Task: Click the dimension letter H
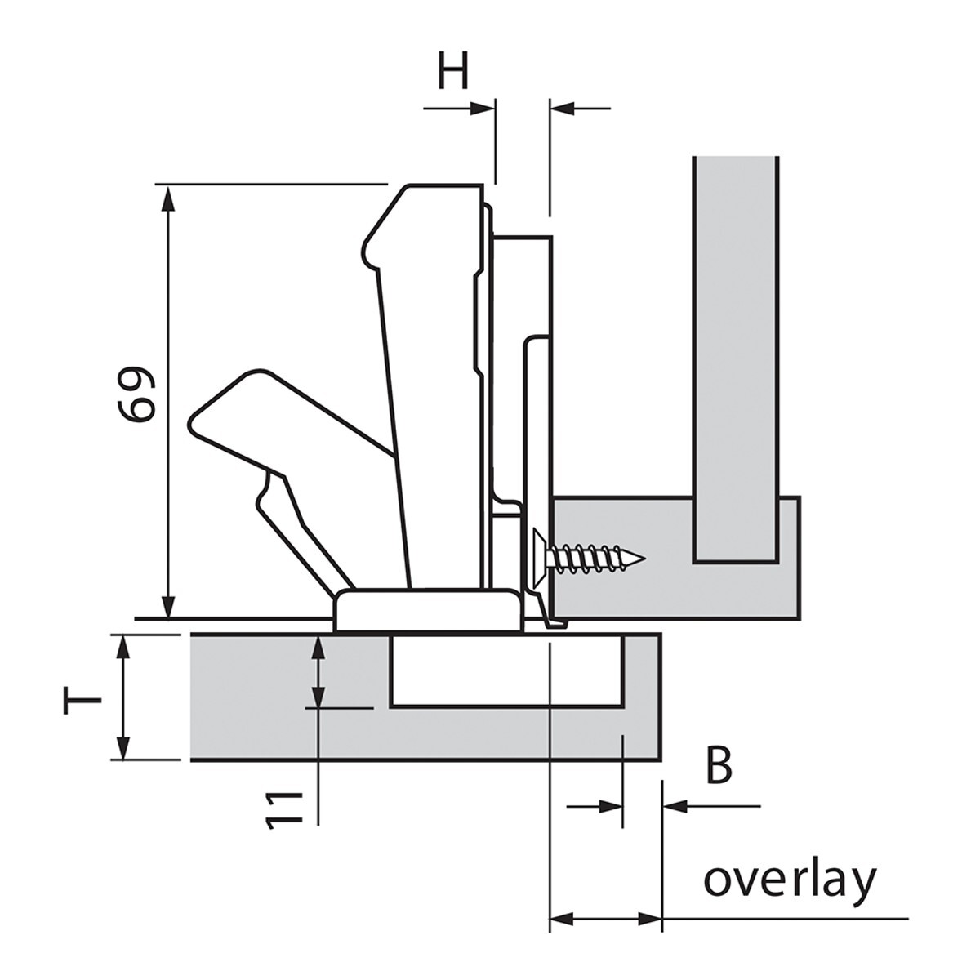[453, 72]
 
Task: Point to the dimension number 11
[284, 809]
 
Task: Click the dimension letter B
[719, 766]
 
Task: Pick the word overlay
[790, 880]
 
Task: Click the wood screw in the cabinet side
[588, 558]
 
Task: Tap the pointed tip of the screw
[643, 559]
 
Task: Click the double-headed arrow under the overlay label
[605, 919]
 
